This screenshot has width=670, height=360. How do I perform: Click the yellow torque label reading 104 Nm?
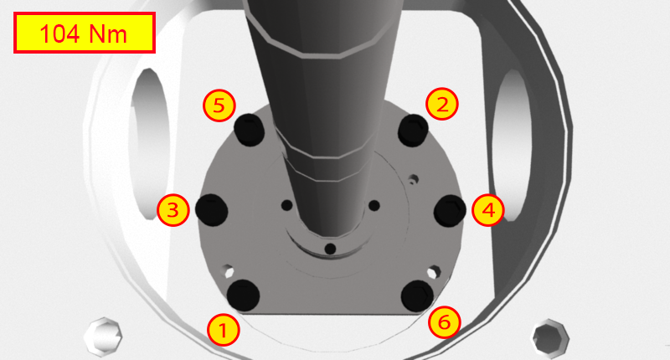click(x=84, y=33)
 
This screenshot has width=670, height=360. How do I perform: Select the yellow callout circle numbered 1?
click(x=222, y=329)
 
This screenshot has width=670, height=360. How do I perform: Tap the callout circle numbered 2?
click(x=442, y=104)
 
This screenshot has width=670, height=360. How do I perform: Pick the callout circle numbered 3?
click(x=173, y=209)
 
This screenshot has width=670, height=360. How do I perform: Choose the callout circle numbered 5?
click(x=219, y=105)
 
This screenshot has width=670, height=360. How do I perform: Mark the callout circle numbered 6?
click(x=445, y=321)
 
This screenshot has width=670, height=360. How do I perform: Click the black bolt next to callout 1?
click(x=244, y=294)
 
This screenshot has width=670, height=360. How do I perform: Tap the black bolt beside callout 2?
click(x=414, y=130)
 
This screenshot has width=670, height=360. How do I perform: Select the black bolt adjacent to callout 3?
click(x=211, y=209)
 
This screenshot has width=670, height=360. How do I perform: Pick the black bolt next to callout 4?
click(x=450, y=210)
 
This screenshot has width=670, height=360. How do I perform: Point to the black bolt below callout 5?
click(x=250, y=129)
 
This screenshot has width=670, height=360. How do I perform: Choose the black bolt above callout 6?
click(x=417, y=295)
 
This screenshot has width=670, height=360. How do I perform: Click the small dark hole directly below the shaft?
click(x=330, y=249)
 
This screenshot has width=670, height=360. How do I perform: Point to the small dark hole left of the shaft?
click(x=286, y=205)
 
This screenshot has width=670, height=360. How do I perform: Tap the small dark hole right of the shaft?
click(x=374, y=205)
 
